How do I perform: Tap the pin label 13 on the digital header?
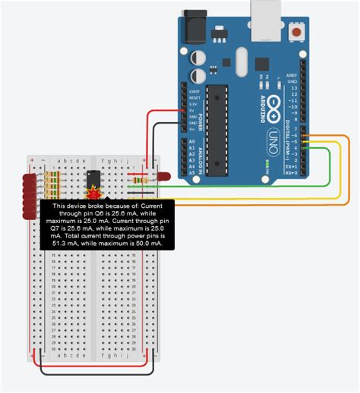pyautogui.click(x=293, y=90)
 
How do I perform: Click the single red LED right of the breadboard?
pyautogui.click(x=163, y=177)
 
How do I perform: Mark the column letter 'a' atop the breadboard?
pyautogui.click(x=62, y=161)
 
